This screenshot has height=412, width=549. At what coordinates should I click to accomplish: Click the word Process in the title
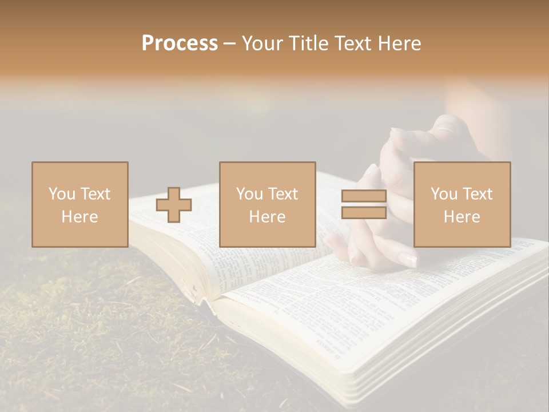pos(180,43)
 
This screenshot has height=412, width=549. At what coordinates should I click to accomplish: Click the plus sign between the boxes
pos(174,205)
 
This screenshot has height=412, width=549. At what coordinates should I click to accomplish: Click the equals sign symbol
pos(364,204)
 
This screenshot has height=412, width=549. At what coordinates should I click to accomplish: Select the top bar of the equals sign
pos(364,196)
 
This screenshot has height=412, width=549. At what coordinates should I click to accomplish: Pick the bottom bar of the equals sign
pos(364,212)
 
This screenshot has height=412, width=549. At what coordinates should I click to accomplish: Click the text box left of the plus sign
pos(79,204)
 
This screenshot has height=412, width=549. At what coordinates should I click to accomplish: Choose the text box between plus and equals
pos(267,204)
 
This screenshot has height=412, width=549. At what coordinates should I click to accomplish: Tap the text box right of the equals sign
pos(462,204)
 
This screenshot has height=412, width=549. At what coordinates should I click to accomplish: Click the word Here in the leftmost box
pos(79,216)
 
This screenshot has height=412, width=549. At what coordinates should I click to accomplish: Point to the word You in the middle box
pos(249,194)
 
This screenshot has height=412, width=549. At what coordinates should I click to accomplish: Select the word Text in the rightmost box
pos(478,194)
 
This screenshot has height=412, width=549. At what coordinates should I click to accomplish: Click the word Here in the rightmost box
pos(462,216)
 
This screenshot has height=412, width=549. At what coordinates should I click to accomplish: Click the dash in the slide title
pos(230,43)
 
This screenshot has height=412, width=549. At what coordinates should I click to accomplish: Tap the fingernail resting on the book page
pos(407,260)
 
